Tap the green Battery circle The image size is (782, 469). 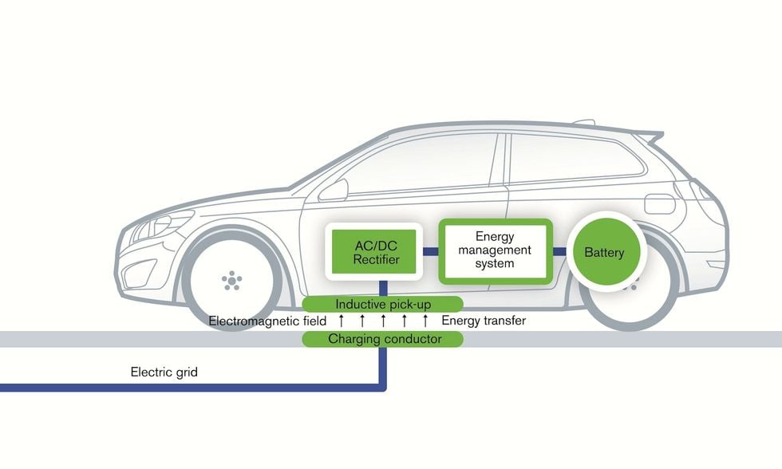pyautogui.click(x=604, y=253)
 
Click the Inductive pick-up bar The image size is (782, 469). pyautogui.click(x=383, y=304)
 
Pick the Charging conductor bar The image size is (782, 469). pyautogui.click(x=383, y=339)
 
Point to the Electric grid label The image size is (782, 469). pyautogui.click(x=164, y=372)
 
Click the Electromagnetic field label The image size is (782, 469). pyautogui.click(x=267, y=321)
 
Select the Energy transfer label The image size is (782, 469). pyautogui.click(x=484, y=321)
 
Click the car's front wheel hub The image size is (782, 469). pyautogui.click(x=231, y=280)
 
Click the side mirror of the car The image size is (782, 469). pyautogui.click(x=335, y=190)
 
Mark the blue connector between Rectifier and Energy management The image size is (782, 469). pyautogui.click(x=430, y=251)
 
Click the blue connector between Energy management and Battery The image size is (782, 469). pyautogui.click(x=560, y=252)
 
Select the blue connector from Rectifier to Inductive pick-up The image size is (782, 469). pyautogui.click(x=383, y=287)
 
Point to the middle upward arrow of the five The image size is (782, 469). pyautogui.click(x=383, y=321)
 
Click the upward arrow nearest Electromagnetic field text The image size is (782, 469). pyautogui.click(x=342, y=321)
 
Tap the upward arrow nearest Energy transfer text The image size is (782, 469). pyautogui.click(x=425, y=321)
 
